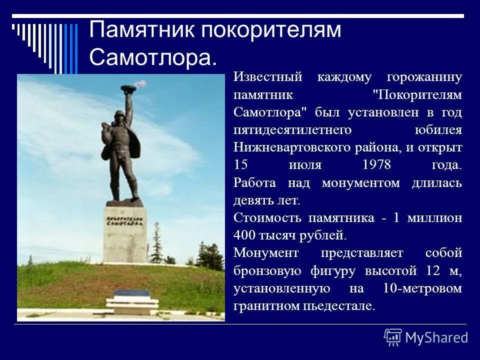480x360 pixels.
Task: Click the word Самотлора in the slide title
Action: click(x=152, y=58)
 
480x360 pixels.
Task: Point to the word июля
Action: click(x=304, y=165)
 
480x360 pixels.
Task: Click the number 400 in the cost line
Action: click(x=244, y=235)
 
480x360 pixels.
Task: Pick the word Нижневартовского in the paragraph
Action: click(x=294, y=147)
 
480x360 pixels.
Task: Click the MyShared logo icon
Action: click(x=392, y=337)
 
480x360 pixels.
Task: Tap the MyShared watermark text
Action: click(x=436, y=337)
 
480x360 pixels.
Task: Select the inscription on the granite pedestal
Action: click(x=125, y=221)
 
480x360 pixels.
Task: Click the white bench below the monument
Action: click(x=132, y=302)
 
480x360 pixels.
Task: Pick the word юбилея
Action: click(x=438, y=130)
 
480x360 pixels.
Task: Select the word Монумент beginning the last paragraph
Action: click(x=265, y=253)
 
